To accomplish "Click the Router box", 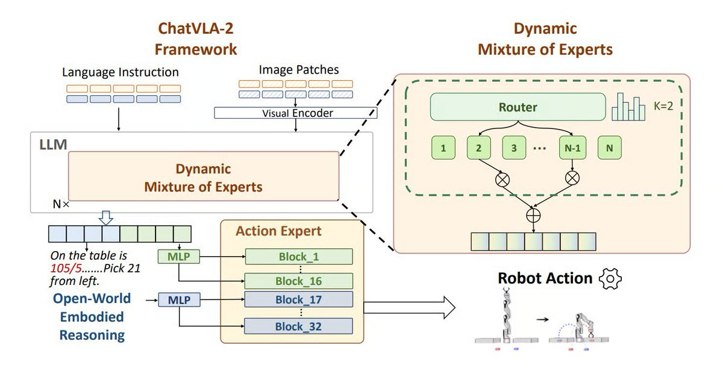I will (518, 108).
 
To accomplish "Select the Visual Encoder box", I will (297, 113).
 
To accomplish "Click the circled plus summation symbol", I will (534, 214).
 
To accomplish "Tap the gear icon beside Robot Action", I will (611, 278).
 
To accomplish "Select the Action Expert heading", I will (278, 231).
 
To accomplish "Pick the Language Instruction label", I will (120, 72).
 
